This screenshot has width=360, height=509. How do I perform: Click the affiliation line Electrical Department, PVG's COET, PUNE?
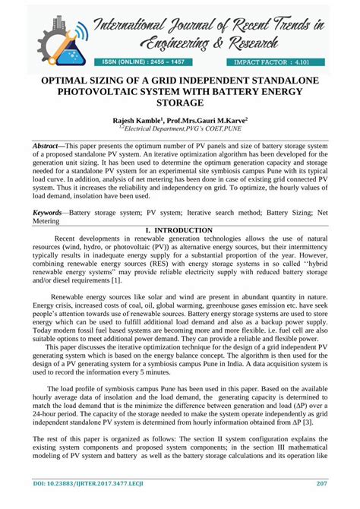coord(180,130)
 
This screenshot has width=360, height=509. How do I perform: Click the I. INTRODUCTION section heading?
coord(179,229)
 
